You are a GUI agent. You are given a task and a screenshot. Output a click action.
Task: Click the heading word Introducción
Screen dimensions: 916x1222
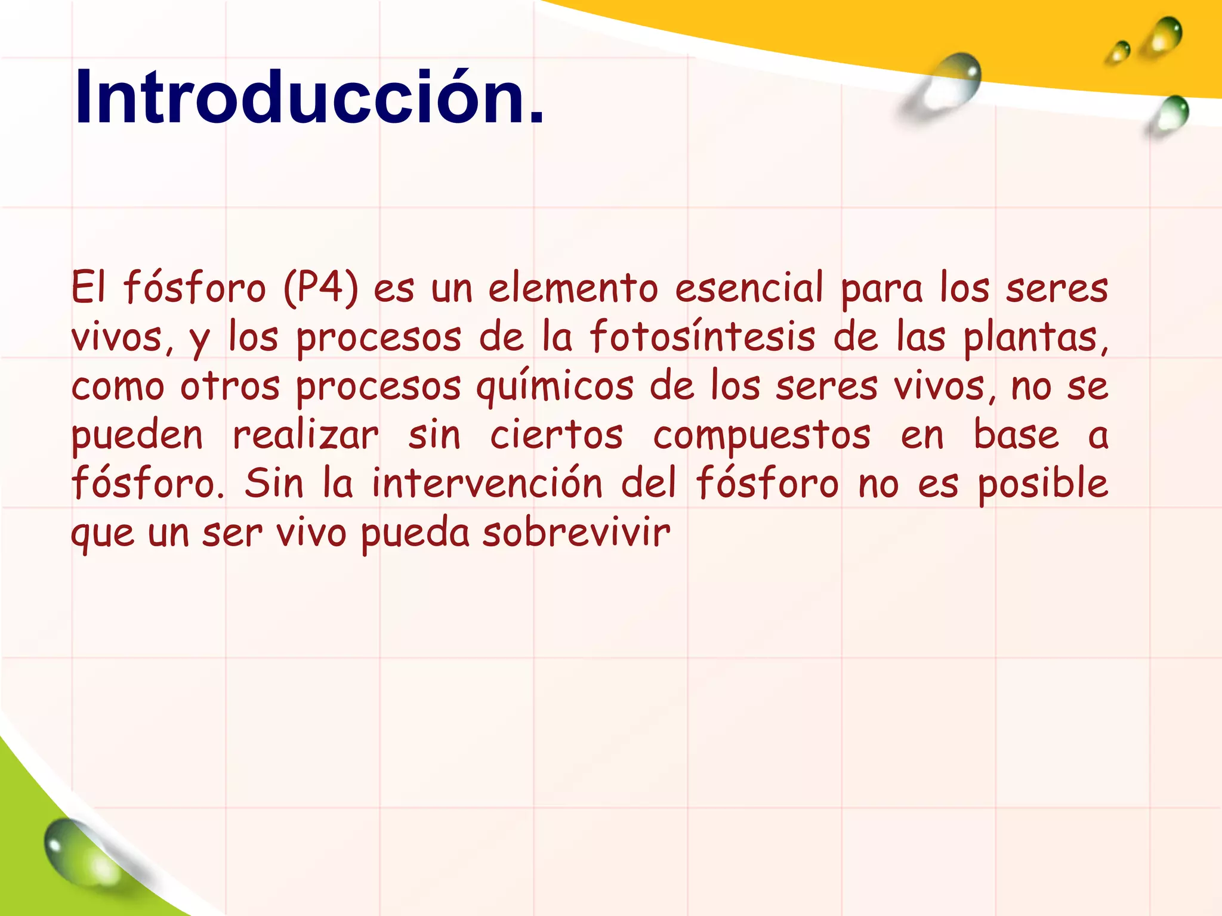coord(309,97)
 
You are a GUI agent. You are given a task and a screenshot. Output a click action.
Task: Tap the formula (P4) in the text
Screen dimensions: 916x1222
coord(322,288)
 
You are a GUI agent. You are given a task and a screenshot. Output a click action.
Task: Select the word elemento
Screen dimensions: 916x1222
coord(573,288)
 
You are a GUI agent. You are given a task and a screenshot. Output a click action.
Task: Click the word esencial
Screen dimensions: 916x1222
coord(749,288)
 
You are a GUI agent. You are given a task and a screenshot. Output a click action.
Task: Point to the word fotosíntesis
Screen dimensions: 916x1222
coord(702,337)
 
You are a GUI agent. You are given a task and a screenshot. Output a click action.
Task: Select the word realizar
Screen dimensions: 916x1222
coord(305,435)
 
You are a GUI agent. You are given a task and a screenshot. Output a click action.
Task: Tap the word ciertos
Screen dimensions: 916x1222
coord(557,435)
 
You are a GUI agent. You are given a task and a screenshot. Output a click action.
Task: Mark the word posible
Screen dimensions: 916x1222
coord(1043,484)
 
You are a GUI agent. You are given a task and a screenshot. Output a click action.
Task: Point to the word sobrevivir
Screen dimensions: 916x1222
coord(576,533)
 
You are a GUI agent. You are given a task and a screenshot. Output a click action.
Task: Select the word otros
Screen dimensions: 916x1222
coord(230,386)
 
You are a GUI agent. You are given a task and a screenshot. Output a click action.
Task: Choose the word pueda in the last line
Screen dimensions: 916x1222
coord(415,534)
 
